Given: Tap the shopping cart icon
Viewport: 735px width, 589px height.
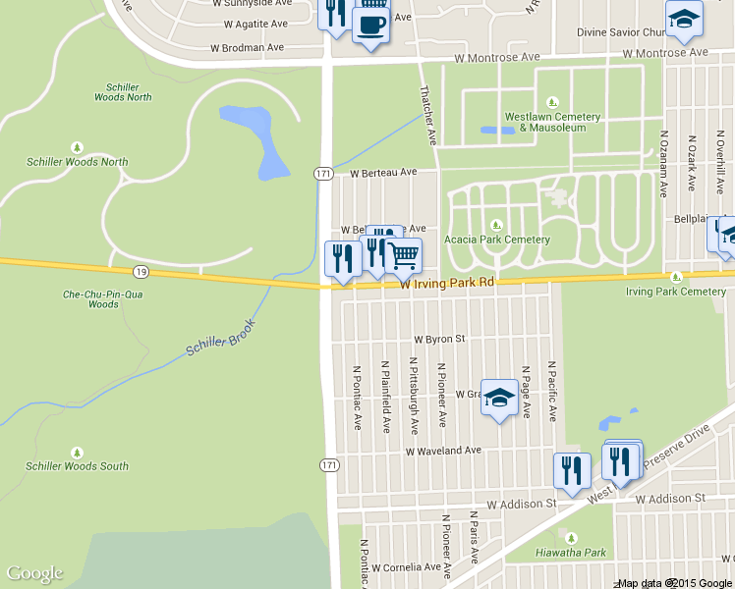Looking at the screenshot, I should tap(404, 256).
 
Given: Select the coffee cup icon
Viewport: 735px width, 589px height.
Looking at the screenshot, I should tap(370, 24).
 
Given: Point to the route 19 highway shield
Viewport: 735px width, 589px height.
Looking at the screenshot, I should tap(141, 271).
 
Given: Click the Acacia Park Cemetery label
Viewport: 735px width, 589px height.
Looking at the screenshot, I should tap(497, 239).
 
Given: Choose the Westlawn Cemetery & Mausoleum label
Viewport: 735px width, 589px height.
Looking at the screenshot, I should tap(552, 122).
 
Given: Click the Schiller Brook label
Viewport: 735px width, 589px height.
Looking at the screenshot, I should tap(220, 338).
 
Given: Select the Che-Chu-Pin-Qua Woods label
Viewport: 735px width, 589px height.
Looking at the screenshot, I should tap(90, 298).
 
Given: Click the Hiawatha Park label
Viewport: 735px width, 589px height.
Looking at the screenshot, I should tap(570, 552).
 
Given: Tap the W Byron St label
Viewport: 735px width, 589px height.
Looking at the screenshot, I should tap(438, 339).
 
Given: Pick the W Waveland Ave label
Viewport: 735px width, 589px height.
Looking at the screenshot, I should tap(444, 451).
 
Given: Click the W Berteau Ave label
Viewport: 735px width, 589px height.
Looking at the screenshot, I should tap(383, 173).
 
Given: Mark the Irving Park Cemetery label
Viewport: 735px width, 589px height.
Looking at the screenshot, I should tap(676, 291).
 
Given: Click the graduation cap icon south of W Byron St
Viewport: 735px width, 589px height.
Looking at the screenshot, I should tap(499, 398).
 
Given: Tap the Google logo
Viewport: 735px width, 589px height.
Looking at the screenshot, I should tap(34, 573).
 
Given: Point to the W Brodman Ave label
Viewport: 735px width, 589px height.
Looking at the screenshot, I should tap(247, 47).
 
